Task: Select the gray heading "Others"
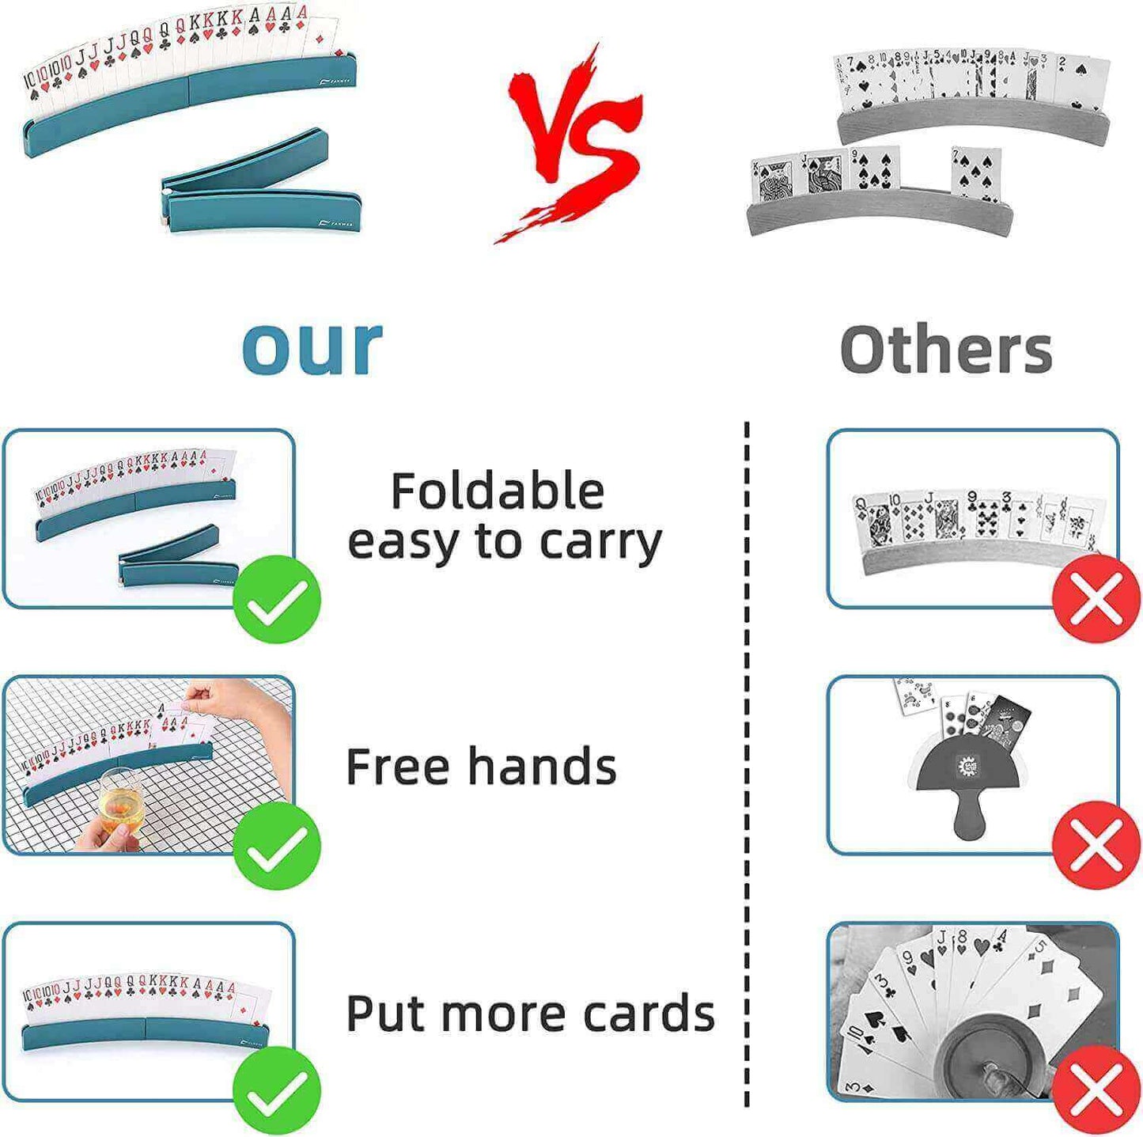[x=946, y=350]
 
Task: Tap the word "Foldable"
[x=498, y=492]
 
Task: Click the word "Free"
[x=398, y=766]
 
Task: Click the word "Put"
[x=386, y=1013]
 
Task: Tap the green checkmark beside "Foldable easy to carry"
[x=276, y=599]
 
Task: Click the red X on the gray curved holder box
[x=1097, y=599]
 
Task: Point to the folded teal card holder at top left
[x=262, y=181]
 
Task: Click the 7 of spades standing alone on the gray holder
[x=976, y=176]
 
